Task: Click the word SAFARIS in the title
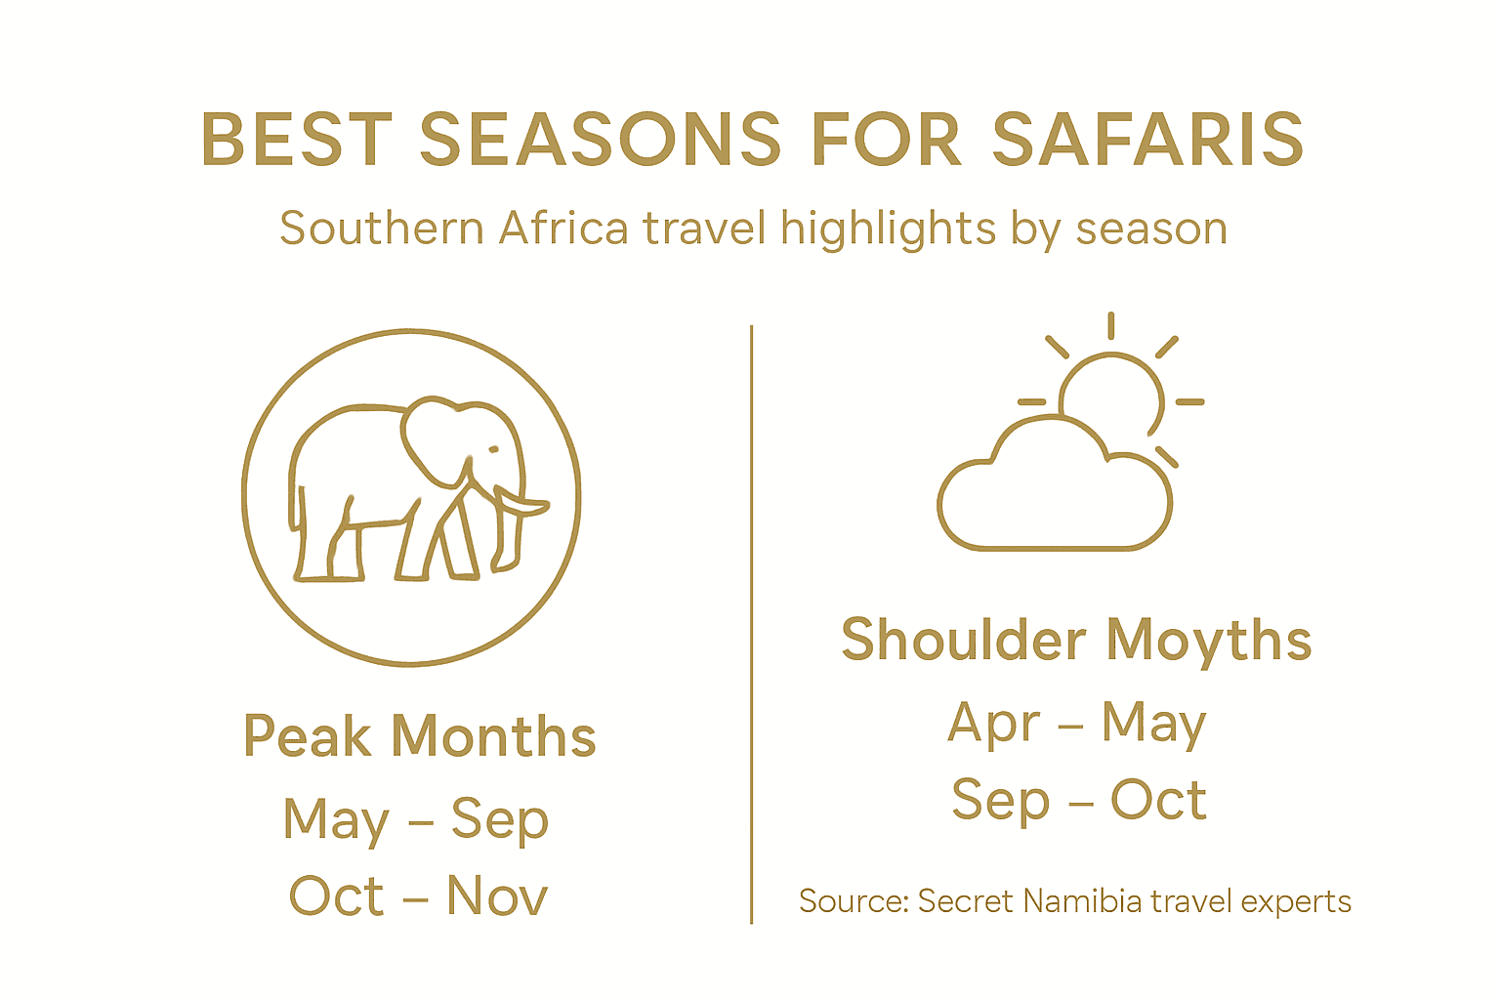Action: pos(1147,139)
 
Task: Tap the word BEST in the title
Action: pos(296,139)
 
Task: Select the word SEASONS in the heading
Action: pos(601,139)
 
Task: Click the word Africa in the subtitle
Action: pos(563,229)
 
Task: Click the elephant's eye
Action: pos(493,450)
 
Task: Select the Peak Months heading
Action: pos(419,736)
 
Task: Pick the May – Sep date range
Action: pos(416,818)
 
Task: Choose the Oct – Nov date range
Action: pos(418,896)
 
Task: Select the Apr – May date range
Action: pos(1077,723)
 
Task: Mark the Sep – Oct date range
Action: pos(1079,801)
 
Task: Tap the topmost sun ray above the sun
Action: pos(1111,325)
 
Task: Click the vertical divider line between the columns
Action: pos(751,625)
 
